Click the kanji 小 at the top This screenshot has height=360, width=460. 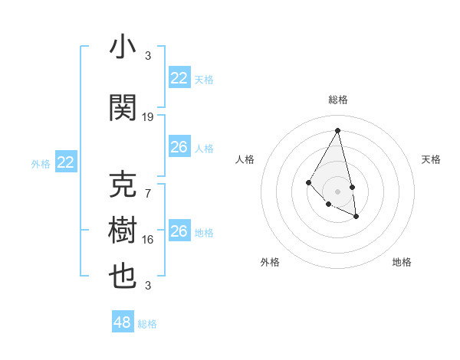pyautogui.click(x=123, y=47)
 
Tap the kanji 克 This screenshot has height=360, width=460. pyautogui.click(x=123, y=186)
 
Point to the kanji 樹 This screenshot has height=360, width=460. pyautogui.click(x=123, y=231)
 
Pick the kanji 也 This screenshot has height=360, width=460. pyautogui.click(x=123, y=276)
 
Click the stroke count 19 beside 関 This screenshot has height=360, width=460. pyautogui.click(x=148, y=117)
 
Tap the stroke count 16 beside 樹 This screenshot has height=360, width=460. pyautogui.click(x=148, y=240)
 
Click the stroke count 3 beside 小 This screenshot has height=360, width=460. pyautogui.click(x=148, y=55)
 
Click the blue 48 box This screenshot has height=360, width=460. pyautogui.click(x=122, y=322)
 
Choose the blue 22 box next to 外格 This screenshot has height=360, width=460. pyautogui.click(x=66, y=162)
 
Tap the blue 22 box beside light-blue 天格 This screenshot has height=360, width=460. pyautogui.click(x=179, y=78)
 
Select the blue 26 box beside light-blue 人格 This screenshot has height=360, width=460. pyautogui.click(x=179, y=147)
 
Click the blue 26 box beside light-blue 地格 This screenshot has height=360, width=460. pyautogui.click(x=179, y=231)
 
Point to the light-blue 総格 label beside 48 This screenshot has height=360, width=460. pyautogui.click(x=147, y=324)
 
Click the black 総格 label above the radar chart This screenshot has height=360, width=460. pyautogui.click(x=337, y=100)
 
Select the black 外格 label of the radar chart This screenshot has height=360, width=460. pyautogui.click(x=270, y=262)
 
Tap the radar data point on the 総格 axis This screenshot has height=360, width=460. pyautogui.click(x=337, y=130)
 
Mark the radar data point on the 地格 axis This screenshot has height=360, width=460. pyautogui.click(x=356, y=217)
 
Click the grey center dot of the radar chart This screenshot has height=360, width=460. pyautogui.click(x=337, y=191)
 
